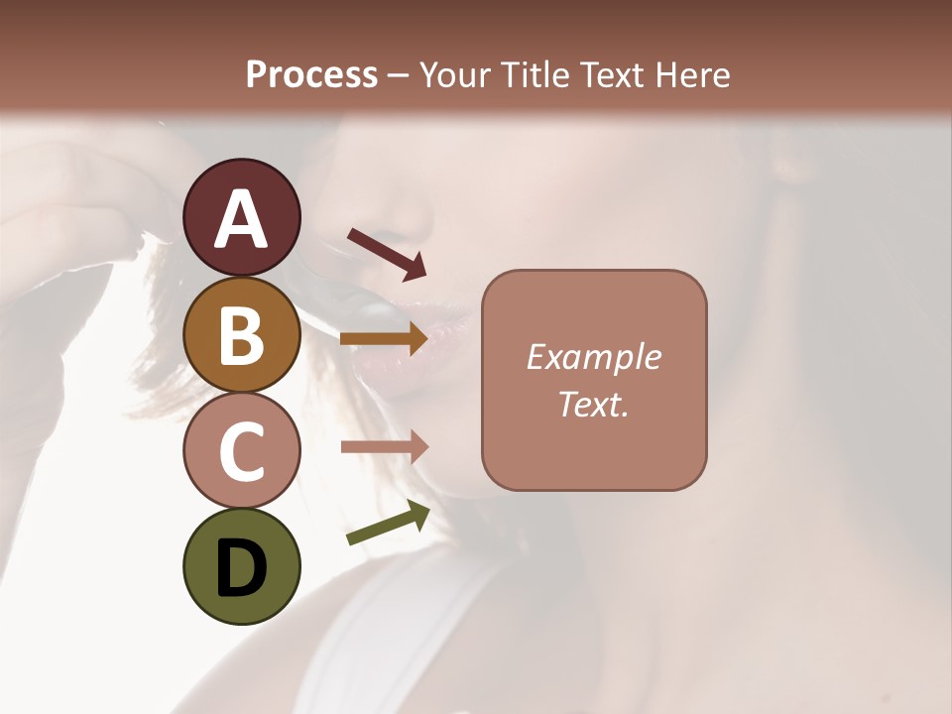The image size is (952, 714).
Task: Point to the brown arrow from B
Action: click(384, 339)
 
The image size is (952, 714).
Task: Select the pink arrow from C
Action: click(384, 447)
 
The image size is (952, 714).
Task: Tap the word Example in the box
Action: click(593, 357)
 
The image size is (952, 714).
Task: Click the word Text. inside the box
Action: click(593, 404)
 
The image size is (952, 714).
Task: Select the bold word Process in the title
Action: click(311, 74)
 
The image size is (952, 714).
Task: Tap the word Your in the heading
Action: click(453, 74)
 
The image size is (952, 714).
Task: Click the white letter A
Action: click(241, 220)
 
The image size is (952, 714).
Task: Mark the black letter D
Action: click(241, 569)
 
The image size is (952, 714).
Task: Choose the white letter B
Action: click(241, 337)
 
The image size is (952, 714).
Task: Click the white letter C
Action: click(241, 452)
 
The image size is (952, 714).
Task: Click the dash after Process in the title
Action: click(398, 76)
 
